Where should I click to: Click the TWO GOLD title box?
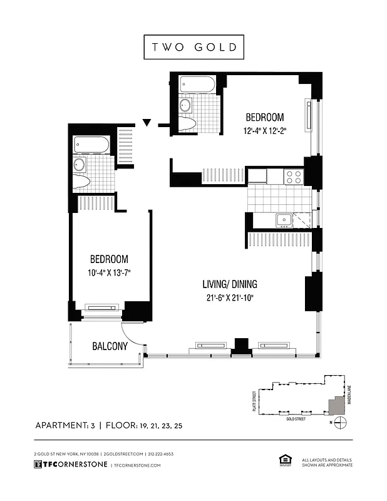pos(193,47)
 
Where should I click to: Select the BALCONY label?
pos(110,346)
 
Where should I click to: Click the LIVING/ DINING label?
pos(229,284)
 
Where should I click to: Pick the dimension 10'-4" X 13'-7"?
pos(109,272)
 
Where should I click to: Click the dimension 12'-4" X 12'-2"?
pos(264,131)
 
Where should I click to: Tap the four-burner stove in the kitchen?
pos(294,177)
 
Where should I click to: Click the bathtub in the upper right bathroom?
pos(197,84)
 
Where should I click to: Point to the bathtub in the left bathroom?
pos(91,145)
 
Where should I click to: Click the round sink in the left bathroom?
pos(80,165)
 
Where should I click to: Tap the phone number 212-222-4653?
pos(161,453)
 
